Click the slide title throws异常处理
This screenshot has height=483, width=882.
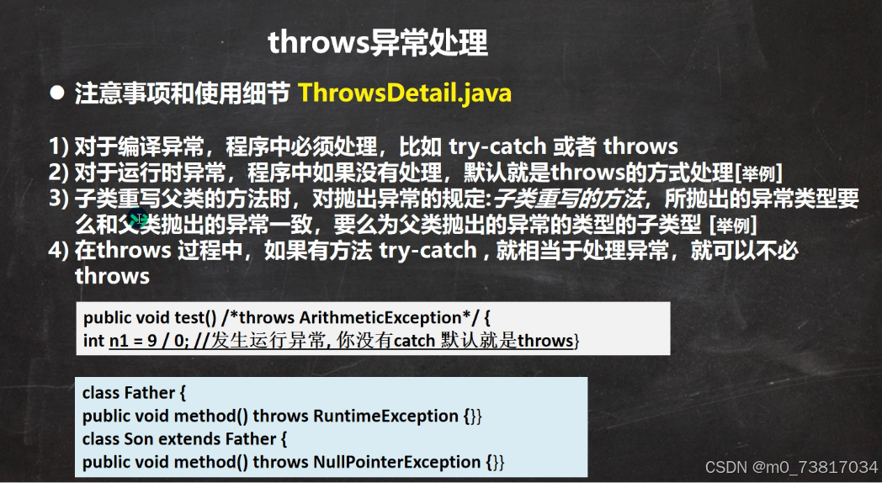[377, 42]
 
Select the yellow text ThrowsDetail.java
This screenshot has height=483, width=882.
[405, 93]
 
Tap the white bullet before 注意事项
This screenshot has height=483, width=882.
[57, 93]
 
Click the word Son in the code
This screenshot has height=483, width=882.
[139, 439]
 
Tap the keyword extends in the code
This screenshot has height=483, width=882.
[189, 439]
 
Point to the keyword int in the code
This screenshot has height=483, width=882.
[94, 341]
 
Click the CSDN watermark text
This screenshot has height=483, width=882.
[791, 467]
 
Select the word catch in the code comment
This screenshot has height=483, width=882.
[414, 341]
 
